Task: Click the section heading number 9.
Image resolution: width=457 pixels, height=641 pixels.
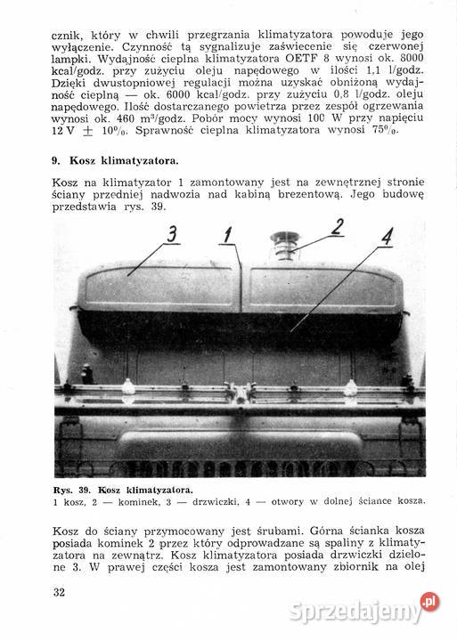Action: pyautogui.click(x=55, y=161)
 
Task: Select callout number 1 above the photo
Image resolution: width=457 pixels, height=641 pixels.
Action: pyautogui.click(x=228, y=234)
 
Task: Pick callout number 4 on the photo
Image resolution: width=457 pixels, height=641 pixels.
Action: pyautogui.click(x=387, y=239)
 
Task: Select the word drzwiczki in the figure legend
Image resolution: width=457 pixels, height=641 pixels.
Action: pyautogui.click(x=216, y=501)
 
